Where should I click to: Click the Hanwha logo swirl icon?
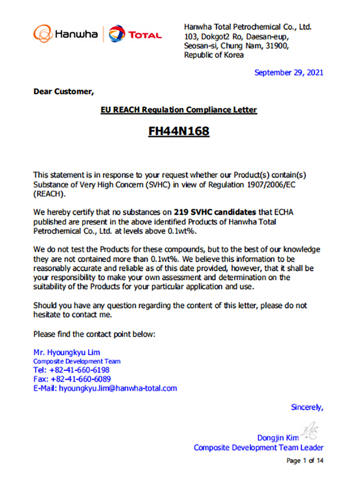click(43, 33)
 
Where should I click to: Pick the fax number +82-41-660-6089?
click(81, 379)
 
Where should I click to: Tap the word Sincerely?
click(307, 407)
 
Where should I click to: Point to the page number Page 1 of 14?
click(305, 460)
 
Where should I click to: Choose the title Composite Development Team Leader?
click(259, 448)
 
